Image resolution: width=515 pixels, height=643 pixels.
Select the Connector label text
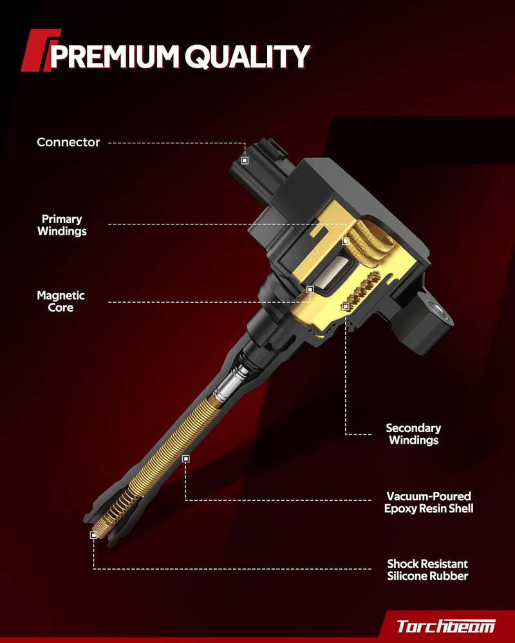point(68,142)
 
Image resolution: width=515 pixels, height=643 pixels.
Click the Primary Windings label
point(62,225)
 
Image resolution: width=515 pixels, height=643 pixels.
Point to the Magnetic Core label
point(61,302)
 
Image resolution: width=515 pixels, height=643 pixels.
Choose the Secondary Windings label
point(413,434)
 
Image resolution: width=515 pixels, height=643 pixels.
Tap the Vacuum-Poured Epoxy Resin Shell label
point(429,502)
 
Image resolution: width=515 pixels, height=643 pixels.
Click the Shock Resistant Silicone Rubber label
point(427,570)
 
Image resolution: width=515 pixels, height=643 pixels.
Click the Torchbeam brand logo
point(445,626)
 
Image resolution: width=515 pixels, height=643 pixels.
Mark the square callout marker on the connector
point(245,160)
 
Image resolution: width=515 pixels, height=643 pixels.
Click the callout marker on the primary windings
point(346,241)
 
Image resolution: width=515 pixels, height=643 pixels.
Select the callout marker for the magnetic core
point(310,289)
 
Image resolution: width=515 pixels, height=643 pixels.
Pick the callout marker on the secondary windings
point(346,306)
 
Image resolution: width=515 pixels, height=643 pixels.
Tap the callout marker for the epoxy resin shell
point(185,458)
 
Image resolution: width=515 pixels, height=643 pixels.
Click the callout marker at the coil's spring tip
point(93,535)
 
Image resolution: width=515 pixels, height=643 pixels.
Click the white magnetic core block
point(336,273)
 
